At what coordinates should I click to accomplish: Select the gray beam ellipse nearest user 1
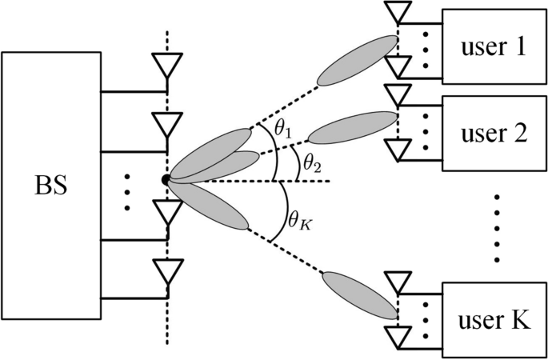click(x=357, y=60)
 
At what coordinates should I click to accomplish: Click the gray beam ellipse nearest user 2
click(x=356, y=127)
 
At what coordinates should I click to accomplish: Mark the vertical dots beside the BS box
click(x=128, y=192)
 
